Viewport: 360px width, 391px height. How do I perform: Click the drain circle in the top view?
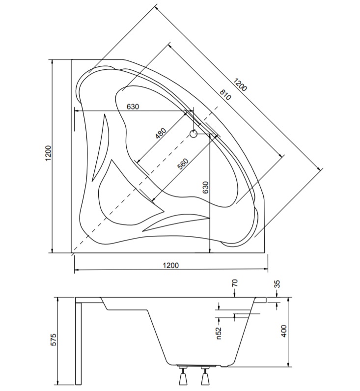click(x=193, y=134)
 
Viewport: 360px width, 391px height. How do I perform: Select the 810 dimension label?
click(x=225, y=94)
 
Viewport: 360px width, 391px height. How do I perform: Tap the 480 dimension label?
click(x=161, y=133)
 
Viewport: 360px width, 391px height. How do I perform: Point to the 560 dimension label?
click(x=183, y=164)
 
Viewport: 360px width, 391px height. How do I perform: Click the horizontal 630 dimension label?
click(x=133, y=107)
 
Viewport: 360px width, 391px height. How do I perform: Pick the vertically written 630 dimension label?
click(x=205, y=187)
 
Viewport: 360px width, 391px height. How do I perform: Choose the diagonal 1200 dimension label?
click(x=240, y=84)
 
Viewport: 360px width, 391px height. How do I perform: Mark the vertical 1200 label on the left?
click(x=48, y=153)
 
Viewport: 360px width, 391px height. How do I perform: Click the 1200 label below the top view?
click(x=171, y=265)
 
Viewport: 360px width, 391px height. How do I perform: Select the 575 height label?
click(x=54, y=339)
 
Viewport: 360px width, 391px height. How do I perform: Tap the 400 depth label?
click(x=284, y=331)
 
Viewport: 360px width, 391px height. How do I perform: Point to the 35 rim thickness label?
click(x=277, y=284)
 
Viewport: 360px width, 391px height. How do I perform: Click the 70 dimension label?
click(x=235, y=283)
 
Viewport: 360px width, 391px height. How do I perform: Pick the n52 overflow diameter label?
click(x=219, y=333)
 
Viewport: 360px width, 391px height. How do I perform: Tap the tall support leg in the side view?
click(x=79, y=343)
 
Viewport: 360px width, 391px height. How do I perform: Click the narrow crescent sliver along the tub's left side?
click(x=101, y=148)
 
